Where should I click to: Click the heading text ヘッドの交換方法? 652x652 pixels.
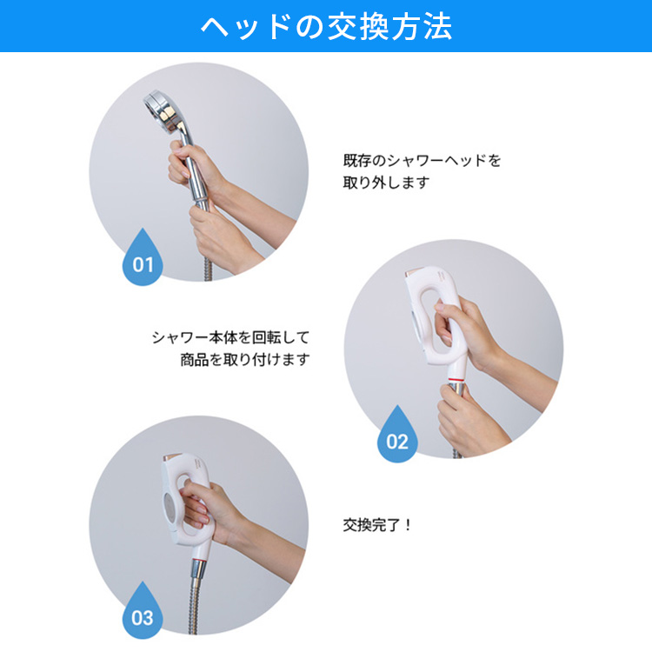coord(326,27)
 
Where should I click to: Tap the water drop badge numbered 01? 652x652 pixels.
coord(143,259)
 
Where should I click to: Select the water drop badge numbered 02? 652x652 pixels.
coord(397,436)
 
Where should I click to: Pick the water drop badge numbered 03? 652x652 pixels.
coord(143,612)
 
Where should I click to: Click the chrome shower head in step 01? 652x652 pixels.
coord(164,111)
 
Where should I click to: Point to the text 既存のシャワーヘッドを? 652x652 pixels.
coord(422,161)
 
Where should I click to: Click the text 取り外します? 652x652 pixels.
coord(386,183)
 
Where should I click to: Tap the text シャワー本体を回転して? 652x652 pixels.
coord(230,337)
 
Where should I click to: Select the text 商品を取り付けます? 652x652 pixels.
coord(245,359)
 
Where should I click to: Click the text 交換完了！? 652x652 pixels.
coord(377,525)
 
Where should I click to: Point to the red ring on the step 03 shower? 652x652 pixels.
coord(199,562)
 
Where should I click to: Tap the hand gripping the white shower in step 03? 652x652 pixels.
coord(208,509)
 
